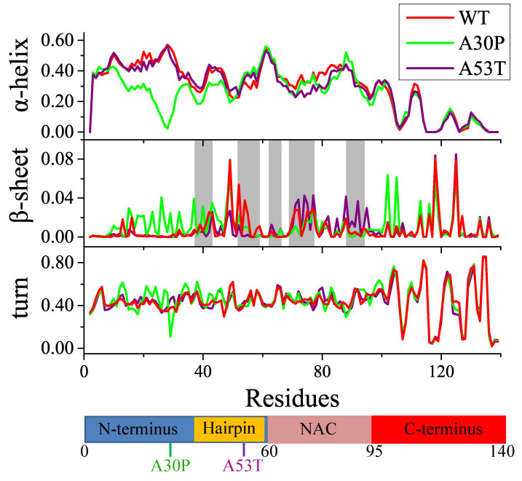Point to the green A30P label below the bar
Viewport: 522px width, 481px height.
[170, 464]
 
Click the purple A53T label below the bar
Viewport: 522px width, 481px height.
[243, 464]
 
